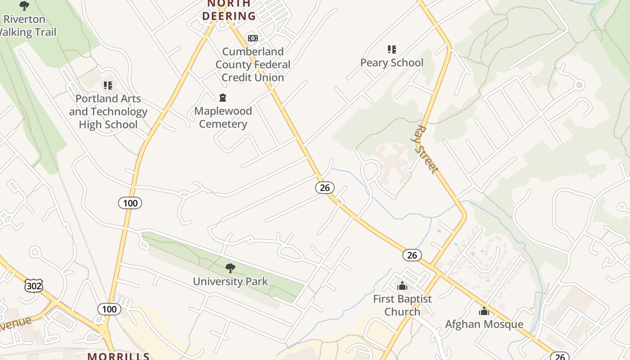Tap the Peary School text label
pos(391,63)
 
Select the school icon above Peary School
pos(392,49)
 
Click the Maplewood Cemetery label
pos(223,117)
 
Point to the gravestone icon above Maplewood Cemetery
pos(223,98)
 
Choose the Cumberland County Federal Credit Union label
pos(252,64)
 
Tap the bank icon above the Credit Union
pos(253,38)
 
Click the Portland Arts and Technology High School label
pos(108,112)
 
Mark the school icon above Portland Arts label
pos(108,85)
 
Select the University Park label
pos(230,282)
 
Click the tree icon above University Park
pos(230,269)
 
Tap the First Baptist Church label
pos(402,305)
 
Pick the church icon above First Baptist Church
pos(402,286)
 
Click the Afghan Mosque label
pos(484,324)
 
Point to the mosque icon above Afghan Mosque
pos(484,311)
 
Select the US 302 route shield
pos(34,286)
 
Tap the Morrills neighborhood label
pos(118,356)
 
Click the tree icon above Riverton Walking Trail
pos(24,6)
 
